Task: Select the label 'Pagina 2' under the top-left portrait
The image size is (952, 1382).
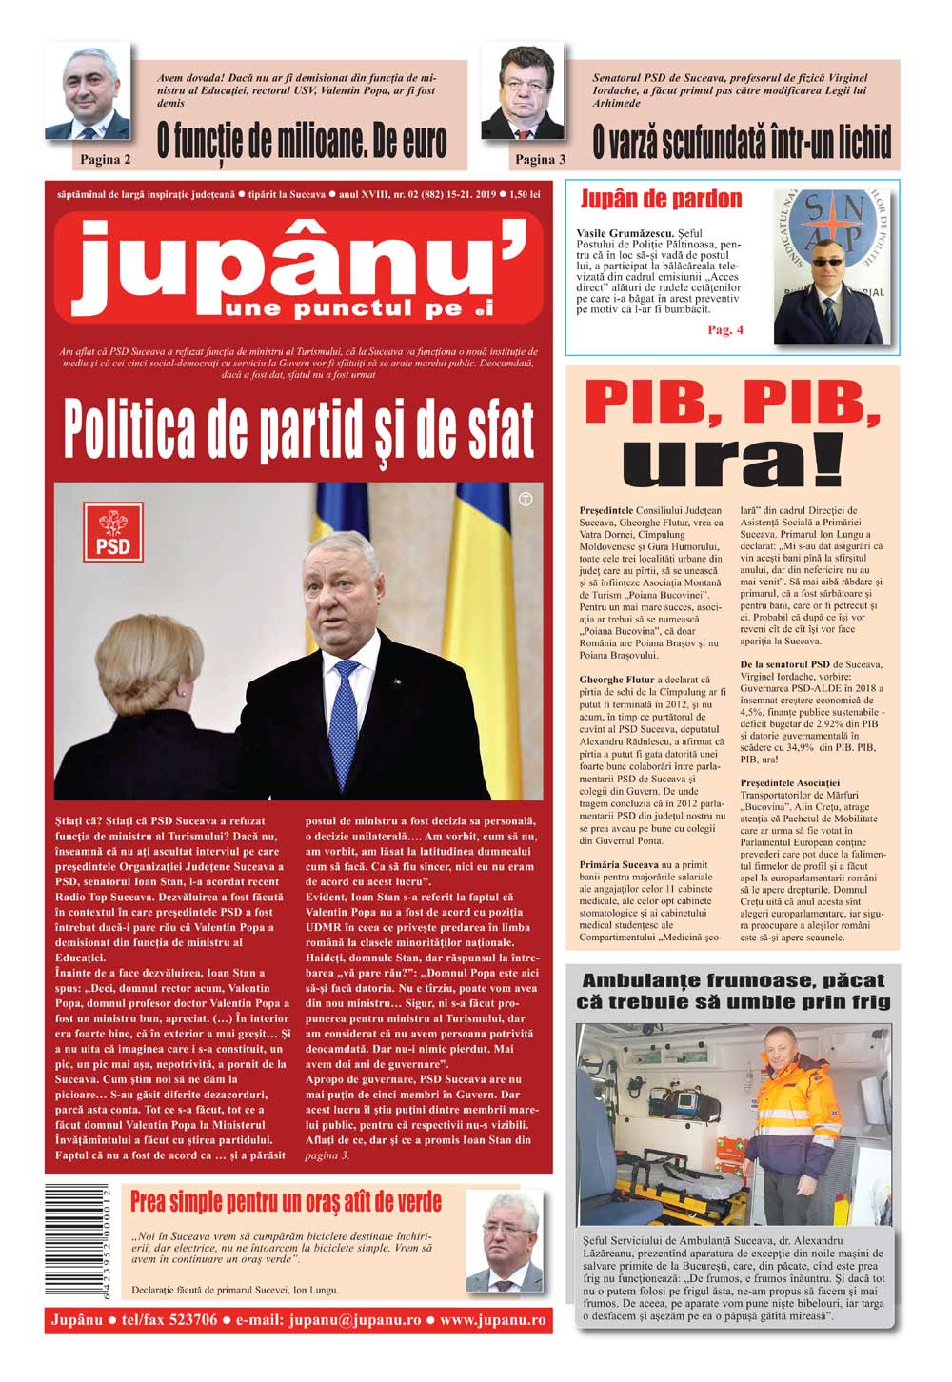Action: click(x=106, y=159)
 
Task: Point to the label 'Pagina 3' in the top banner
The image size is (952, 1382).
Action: click(x=540, y=159)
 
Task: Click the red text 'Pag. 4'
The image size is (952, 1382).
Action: click(x=725, y=330)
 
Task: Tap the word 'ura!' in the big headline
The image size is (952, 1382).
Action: click(x=733, y=465)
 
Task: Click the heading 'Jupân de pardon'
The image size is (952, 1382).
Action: click(x=661, y=199)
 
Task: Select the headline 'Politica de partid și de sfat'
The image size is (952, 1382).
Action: click(x=298, y=430)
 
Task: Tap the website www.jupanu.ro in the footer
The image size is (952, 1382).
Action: click(x=492, y=1320)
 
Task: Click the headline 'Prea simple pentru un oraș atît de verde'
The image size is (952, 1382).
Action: click(x=286, y=1201)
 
